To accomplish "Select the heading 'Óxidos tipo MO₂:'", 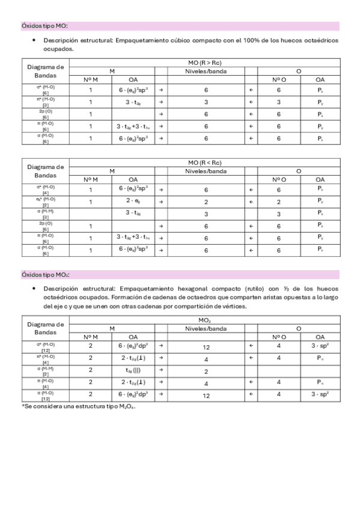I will [x=45, y=275].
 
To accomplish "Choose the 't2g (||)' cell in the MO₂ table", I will [x=133, y=371].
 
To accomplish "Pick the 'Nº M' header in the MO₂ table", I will [x=91, y=337].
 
